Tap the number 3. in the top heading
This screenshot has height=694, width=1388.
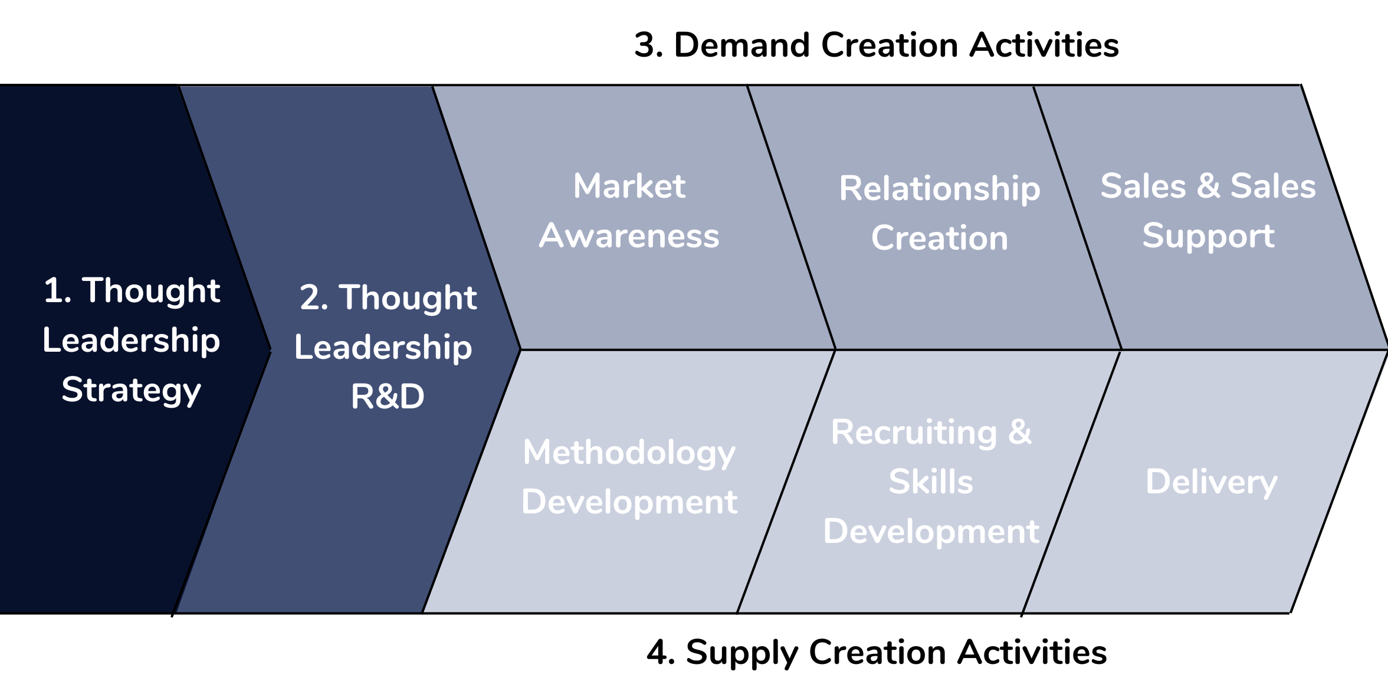click(648, 45)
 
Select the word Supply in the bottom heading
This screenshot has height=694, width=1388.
click(742, 653)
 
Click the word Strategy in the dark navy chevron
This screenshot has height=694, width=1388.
click(132, 391)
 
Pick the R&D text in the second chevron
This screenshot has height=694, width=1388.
click(388, 396)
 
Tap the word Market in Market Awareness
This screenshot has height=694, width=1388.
click(629, 186)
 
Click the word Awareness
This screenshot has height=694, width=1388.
click(629, 236)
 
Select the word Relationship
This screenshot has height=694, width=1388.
click(940, 189)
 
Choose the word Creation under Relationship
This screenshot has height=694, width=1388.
click(940, 238)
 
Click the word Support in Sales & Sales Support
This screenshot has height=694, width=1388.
click(1208, 236)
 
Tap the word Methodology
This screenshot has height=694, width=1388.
click(629, 453)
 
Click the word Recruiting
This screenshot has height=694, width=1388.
click(914, 433)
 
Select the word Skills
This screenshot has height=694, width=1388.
click(931, 482)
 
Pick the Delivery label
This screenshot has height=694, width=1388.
click(1211, 482)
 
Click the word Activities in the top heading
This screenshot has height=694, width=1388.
click(1044, 45)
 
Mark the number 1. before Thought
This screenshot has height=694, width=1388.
click(57, 291)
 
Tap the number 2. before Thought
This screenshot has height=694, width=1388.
click(314, 297)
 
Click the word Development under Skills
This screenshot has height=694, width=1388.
click(931, 531)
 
